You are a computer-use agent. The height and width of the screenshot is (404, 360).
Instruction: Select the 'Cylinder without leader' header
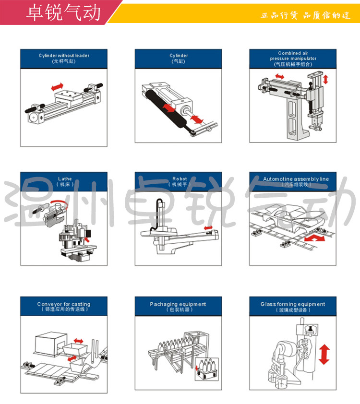pyautogui.click(x=64, y=59)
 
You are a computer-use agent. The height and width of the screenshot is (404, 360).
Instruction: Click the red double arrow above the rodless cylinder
pyautogui.click(x=57, y=86)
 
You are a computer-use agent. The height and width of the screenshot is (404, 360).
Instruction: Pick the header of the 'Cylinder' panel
pyautogui.click(x=179, y=59)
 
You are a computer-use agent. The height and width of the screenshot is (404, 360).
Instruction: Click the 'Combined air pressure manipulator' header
pyautogui.click(x=293, y=59)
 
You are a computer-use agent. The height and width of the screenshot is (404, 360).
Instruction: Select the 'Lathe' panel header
pyautogui.click(x=64, y=181)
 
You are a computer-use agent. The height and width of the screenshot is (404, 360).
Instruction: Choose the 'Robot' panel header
pyautogui.click(x=179, y=181)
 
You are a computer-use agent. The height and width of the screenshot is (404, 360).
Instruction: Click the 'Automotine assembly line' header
pyautogui.click(x=293, y=181)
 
